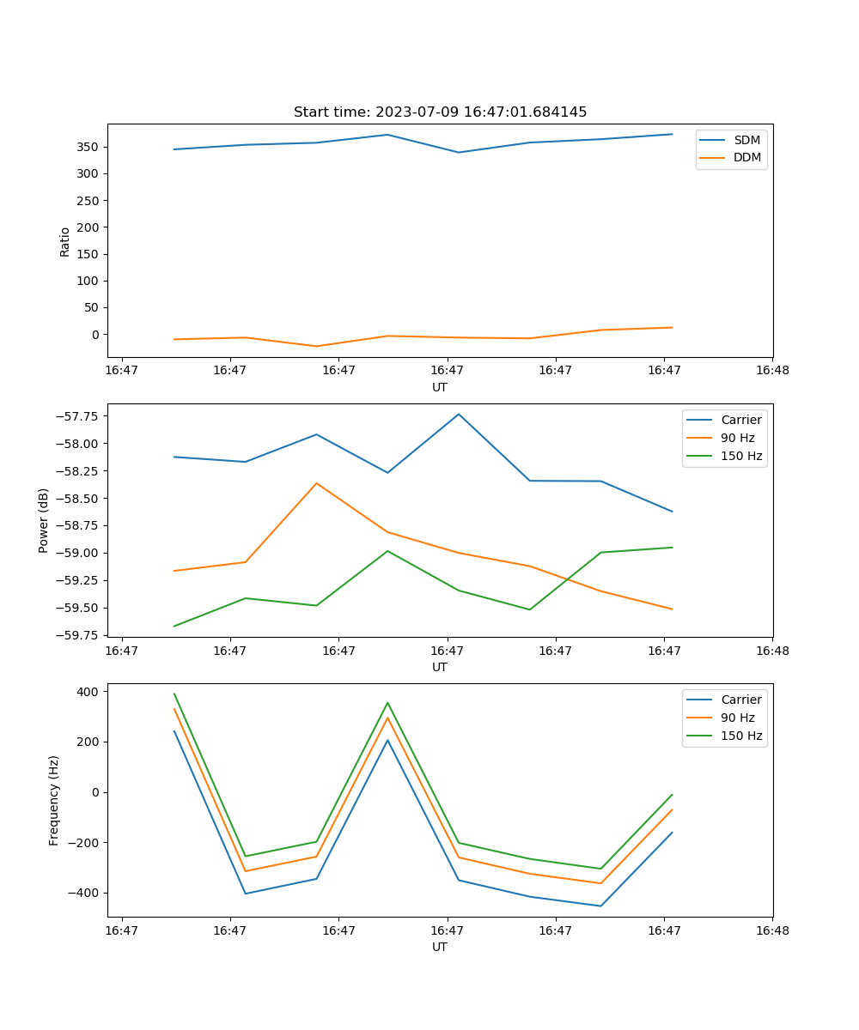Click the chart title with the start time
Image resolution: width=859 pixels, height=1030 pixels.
tap(440, 112)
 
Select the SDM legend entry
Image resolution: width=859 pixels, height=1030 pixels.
tap(746, 140)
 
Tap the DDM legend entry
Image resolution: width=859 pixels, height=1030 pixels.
tap(746, 157)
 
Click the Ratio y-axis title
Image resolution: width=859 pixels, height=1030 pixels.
tap(65, 241)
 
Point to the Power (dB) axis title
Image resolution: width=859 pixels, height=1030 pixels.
tap(44, 520)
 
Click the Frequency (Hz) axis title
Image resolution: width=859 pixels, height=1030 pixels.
tap(54, 800)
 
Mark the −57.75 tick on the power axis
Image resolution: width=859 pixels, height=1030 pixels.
tap(72, 416)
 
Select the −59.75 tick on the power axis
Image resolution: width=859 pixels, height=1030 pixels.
tap(72, 635)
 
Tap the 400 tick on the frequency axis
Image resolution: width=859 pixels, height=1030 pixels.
tap(88, 691)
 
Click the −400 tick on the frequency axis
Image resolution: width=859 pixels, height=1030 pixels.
tap(84, 893)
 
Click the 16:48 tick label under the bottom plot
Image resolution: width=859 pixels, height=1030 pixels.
tap(771, 930)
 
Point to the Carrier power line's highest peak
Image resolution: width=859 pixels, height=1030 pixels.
tap(459, 414)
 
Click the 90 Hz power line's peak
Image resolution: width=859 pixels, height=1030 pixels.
tap(316, 483)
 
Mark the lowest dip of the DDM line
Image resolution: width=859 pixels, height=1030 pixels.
tap(316, 346)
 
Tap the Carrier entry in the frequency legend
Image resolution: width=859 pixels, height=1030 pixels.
tap(740, 700)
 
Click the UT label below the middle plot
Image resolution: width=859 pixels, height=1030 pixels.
tap(440, 667)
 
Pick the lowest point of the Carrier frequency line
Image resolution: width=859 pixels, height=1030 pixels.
tap(600, 906)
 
